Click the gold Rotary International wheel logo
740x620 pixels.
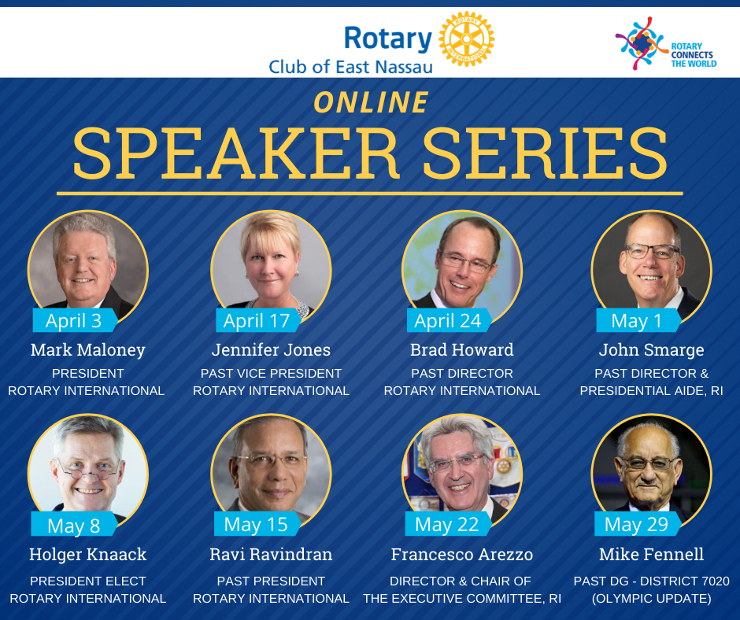point(466,39)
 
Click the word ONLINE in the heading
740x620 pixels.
point(371,102)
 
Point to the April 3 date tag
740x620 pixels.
point(75,320)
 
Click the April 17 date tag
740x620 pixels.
point(258,320)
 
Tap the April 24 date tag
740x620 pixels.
point(449,320)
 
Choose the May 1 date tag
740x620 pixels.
point(638,320)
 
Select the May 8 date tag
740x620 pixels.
point(74,525)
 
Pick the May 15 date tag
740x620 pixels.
point(257,524)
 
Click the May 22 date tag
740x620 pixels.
point(448,524)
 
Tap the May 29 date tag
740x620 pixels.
point(638,524)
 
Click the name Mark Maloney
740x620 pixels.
point(88,350)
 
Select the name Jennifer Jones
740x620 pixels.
point(271,350)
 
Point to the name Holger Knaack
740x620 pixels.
point(88,555)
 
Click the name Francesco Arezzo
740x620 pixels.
point(462,555)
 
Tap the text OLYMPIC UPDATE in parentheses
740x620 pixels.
point(651,599)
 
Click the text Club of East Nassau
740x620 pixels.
point(350,67)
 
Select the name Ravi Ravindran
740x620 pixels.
point(271,555)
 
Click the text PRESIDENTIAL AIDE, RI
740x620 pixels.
point(651,391)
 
